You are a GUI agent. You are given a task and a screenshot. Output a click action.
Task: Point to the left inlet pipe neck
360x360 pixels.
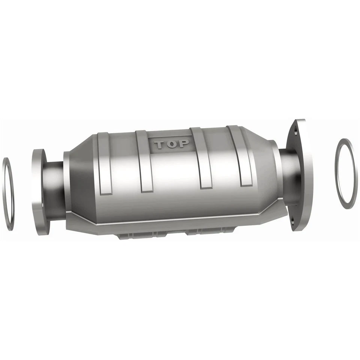[54, 189]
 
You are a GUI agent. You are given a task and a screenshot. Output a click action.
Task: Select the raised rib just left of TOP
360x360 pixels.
[144, 161]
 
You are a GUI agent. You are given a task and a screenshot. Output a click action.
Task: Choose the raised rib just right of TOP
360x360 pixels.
[202, 157]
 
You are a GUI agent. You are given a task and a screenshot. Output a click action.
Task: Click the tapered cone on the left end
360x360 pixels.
[77, 180]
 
